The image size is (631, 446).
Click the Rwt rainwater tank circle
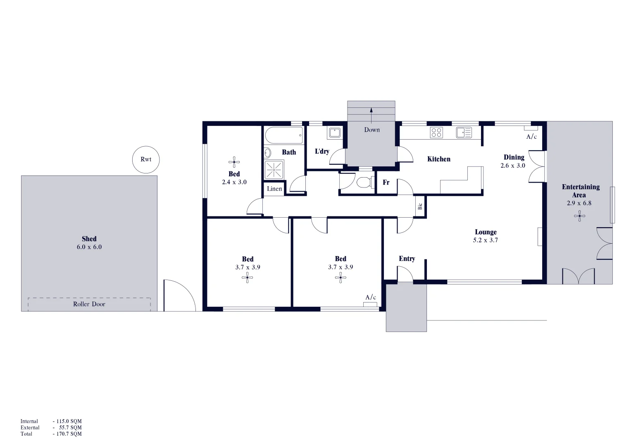coord(145,159)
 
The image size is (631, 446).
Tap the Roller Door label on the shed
coord(89,304)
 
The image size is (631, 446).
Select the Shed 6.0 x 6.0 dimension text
coord(89,247)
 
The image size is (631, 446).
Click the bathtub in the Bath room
coord(283,135)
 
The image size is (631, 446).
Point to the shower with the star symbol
coord(274,169)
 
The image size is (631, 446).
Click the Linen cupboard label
coord(274,189)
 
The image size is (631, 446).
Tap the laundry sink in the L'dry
coord(334,133)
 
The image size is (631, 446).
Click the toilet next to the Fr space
coord(363,182)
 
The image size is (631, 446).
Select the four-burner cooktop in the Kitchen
coord(436,133)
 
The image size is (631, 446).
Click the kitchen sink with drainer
coord(464,133)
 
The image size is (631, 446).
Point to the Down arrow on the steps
coord(371,116)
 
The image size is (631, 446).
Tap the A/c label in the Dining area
coord(531,137)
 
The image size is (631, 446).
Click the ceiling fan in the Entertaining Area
coord(579,216)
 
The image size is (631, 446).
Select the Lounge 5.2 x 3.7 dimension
coord(486,240)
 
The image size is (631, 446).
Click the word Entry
coord(407,259)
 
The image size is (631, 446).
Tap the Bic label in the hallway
coord(420,206)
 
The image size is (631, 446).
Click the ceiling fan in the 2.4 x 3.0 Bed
coord(234,162)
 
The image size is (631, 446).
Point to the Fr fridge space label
coord(386,182)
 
